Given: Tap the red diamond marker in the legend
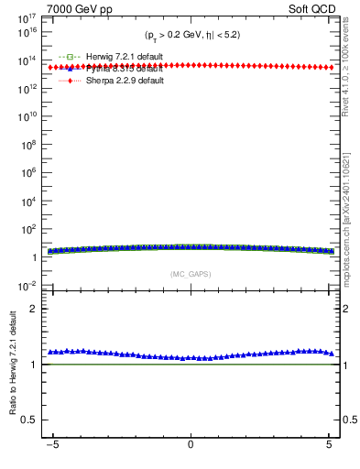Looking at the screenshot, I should click(70, 81).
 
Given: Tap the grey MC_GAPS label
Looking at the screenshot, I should click(190, 274).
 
